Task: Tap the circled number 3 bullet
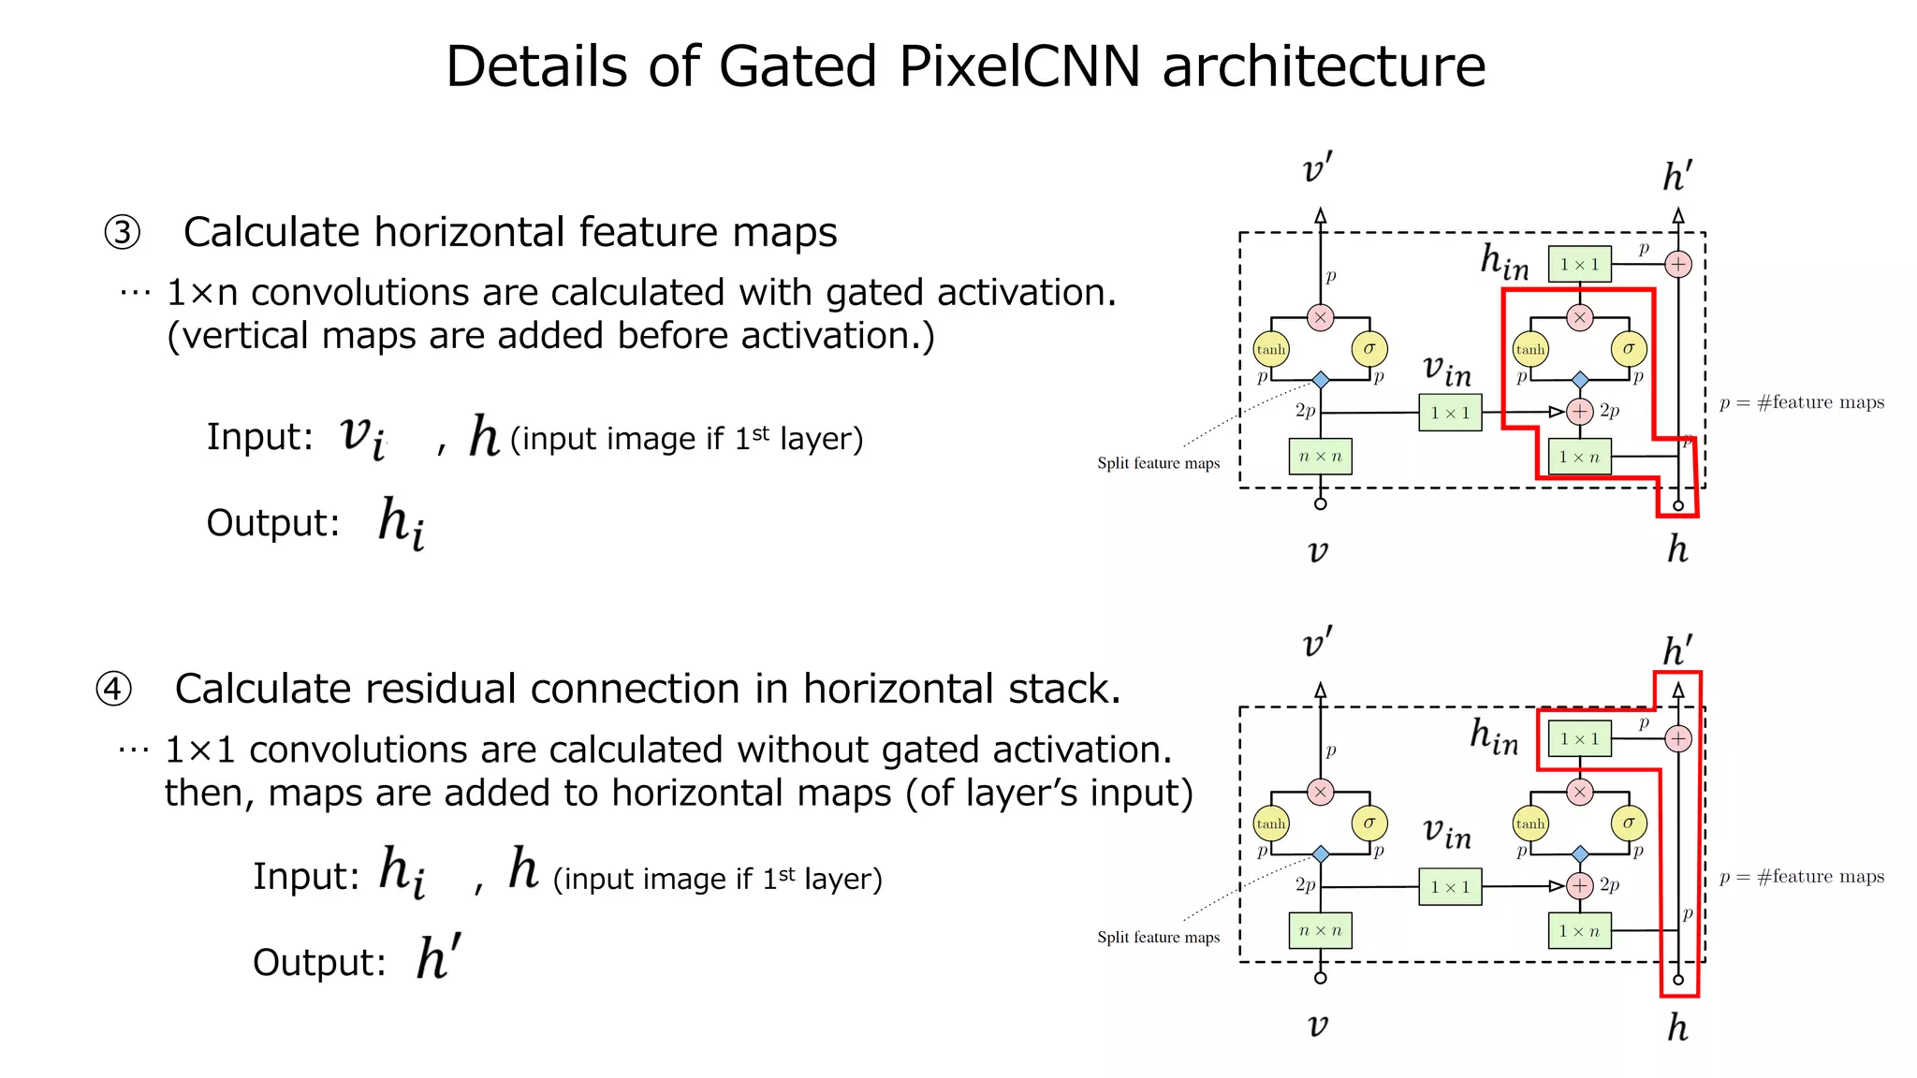[x=122, y=232]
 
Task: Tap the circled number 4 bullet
[x=113, y=690]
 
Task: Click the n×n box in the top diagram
[x=1320, y=457]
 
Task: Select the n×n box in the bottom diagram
[x=1320, y=931]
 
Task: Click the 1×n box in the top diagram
[x=1579, y=457]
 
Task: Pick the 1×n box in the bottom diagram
[x=1579, y=931]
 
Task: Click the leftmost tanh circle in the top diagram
[x=1270, y=349]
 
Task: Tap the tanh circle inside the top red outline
[x=1530, y=349]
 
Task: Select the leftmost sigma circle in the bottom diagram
[x=1369, y=823]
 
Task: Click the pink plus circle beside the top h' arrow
[x=1678, y=265]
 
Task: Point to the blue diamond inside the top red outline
[x=1580, y=380]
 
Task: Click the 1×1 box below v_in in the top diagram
[x=1450, y=413]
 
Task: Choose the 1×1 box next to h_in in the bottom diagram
[x=1579, y=739]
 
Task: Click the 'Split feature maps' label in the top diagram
[x=1158, y=463]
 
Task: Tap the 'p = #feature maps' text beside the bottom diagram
[x=1802, y=877]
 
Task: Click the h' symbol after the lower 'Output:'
[x=438, y=957]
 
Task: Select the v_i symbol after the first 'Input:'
[x=362, y=436]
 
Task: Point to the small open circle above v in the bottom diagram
[x=1321, y=978]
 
